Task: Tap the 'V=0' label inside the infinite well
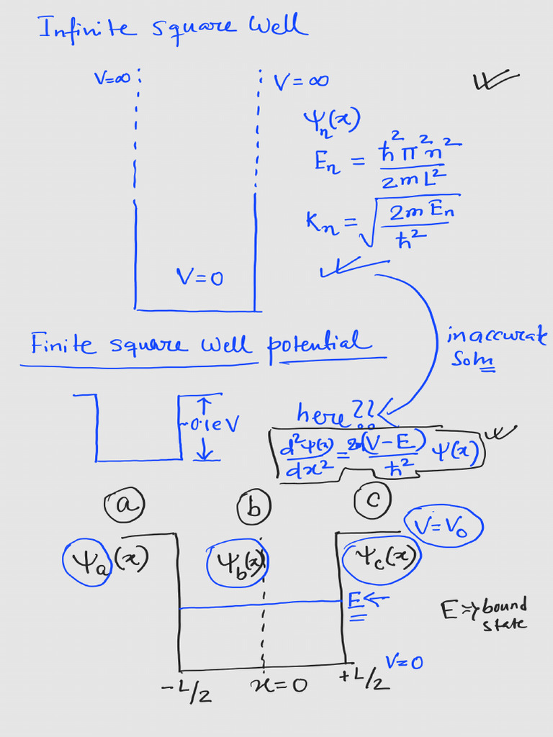pyautogui.click(x=199, y=276)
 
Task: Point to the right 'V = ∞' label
pyautogui.click(x=301, y=81)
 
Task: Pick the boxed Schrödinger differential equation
pyautogui.click(x=379, y=453)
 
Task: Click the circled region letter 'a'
pyautogui.click(x=125, y=506)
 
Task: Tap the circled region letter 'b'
pyautogui.click(x=253, y=508)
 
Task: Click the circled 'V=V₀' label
pyautogui.click(x=444, y=527)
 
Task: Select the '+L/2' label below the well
pyautogui.click(x=364, y=677)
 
